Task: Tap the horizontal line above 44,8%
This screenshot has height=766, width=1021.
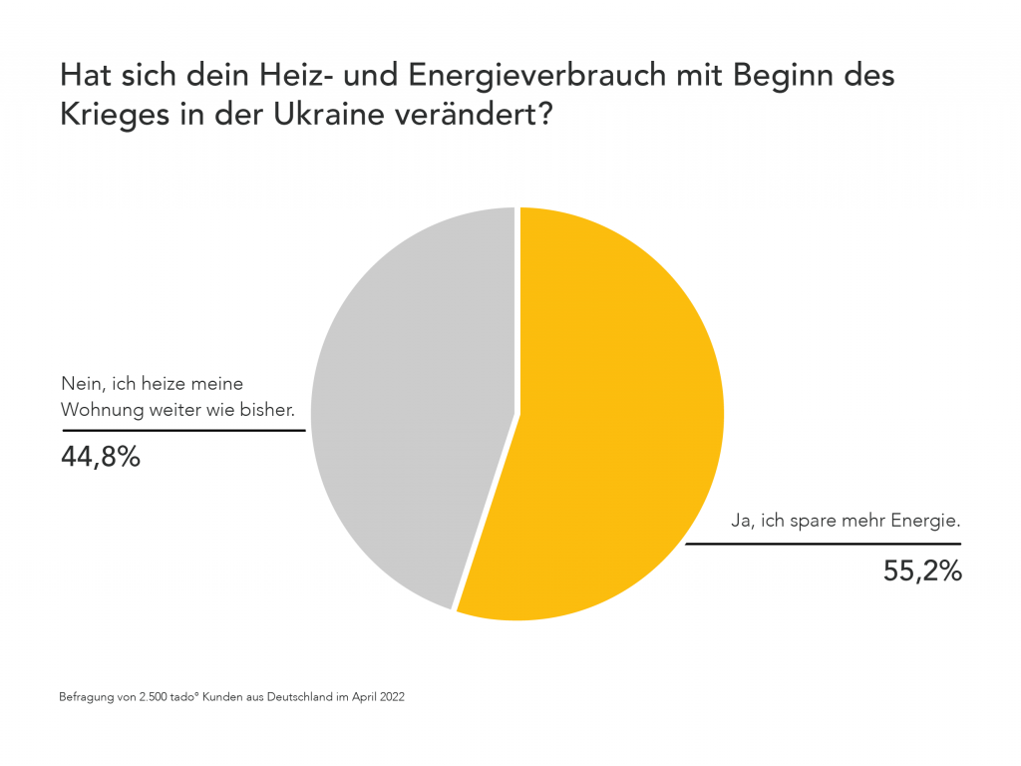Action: [183, 431]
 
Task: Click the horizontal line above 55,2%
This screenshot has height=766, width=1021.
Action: [823, 544]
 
